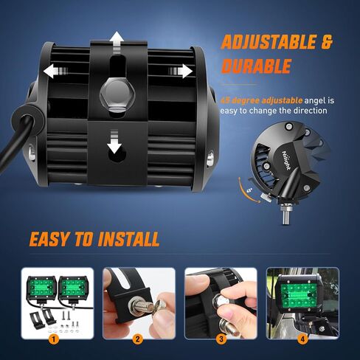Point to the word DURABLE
[x=255, y=67]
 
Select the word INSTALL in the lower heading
[x=128, y=238]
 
